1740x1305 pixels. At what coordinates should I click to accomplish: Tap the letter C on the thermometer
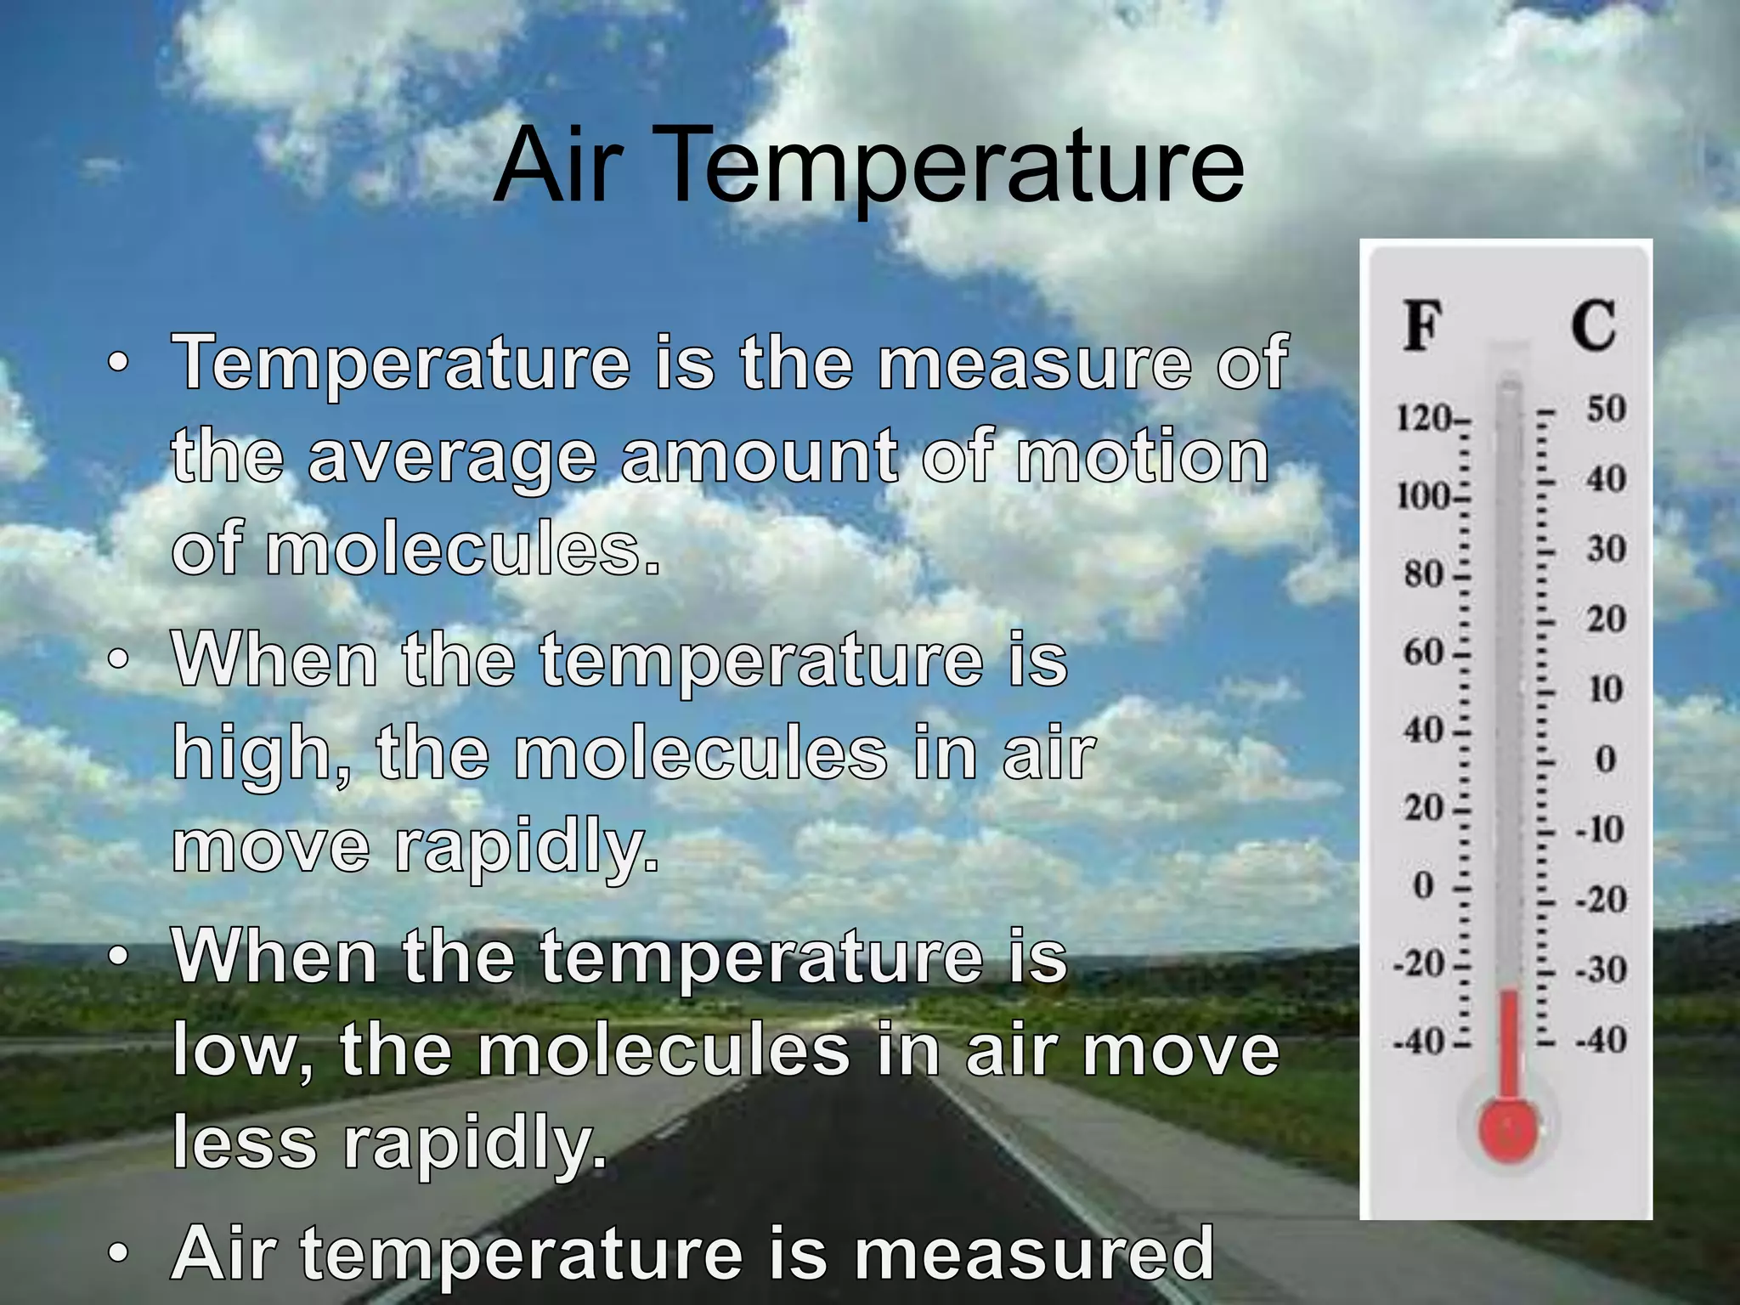pos(1592,325)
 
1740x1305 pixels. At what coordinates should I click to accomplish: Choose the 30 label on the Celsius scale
pos(1606,549)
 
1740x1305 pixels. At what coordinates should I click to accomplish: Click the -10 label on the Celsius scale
pos(1600,829)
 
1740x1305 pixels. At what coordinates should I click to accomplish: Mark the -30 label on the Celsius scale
pos(1601,969)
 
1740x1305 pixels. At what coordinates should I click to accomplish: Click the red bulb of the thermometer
pos(1509,1131)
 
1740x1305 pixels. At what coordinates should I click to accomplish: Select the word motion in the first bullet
pos(1143,456)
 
